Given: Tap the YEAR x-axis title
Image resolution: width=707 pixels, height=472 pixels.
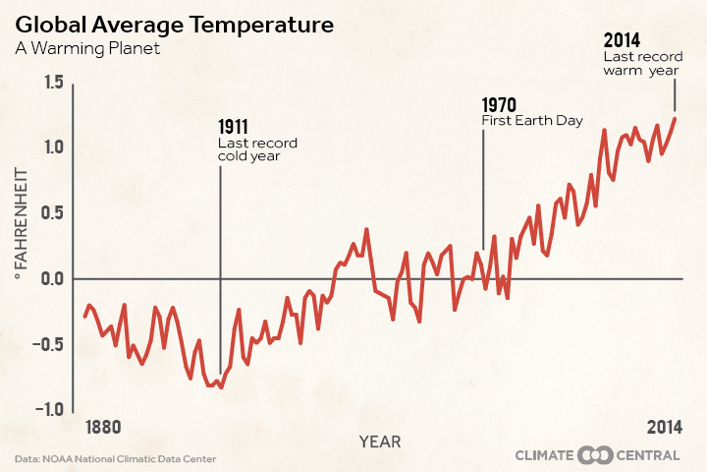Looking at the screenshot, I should pos(379,442).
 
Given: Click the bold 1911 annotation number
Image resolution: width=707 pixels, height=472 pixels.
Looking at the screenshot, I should pos(233,127).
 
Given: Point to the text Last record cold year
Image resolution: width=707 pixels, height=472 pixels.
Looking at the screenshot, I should pos(256,149).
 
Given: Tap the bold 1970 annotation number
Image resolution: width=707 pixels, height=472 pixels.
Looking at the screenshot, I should pos(499,104).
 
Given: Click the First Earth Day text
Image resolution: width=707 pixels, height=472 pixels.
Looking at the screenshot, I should pos(532,121).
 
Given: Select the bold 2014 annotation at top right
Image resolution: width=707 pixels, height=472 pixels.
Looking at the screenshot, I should pos(621,40).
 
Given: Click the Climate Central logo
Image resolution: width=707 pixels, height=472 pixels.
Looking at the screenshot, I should pos(599,455).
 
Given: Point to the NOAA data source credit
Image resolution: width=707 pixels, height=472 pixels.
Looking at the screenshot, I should pos(115,459).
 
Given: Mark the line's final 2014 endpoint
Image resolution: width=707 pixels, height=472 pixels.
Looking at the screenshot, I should pos(675,119).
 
